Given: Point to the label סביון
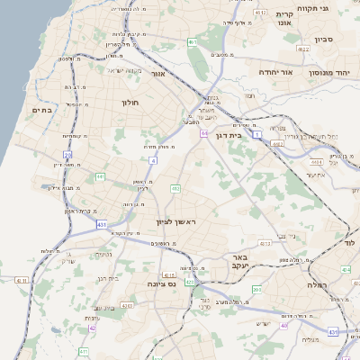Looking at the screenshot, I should (x=324, y=40).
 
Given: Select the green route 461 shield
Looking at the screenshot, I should (x=193, y=41).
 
